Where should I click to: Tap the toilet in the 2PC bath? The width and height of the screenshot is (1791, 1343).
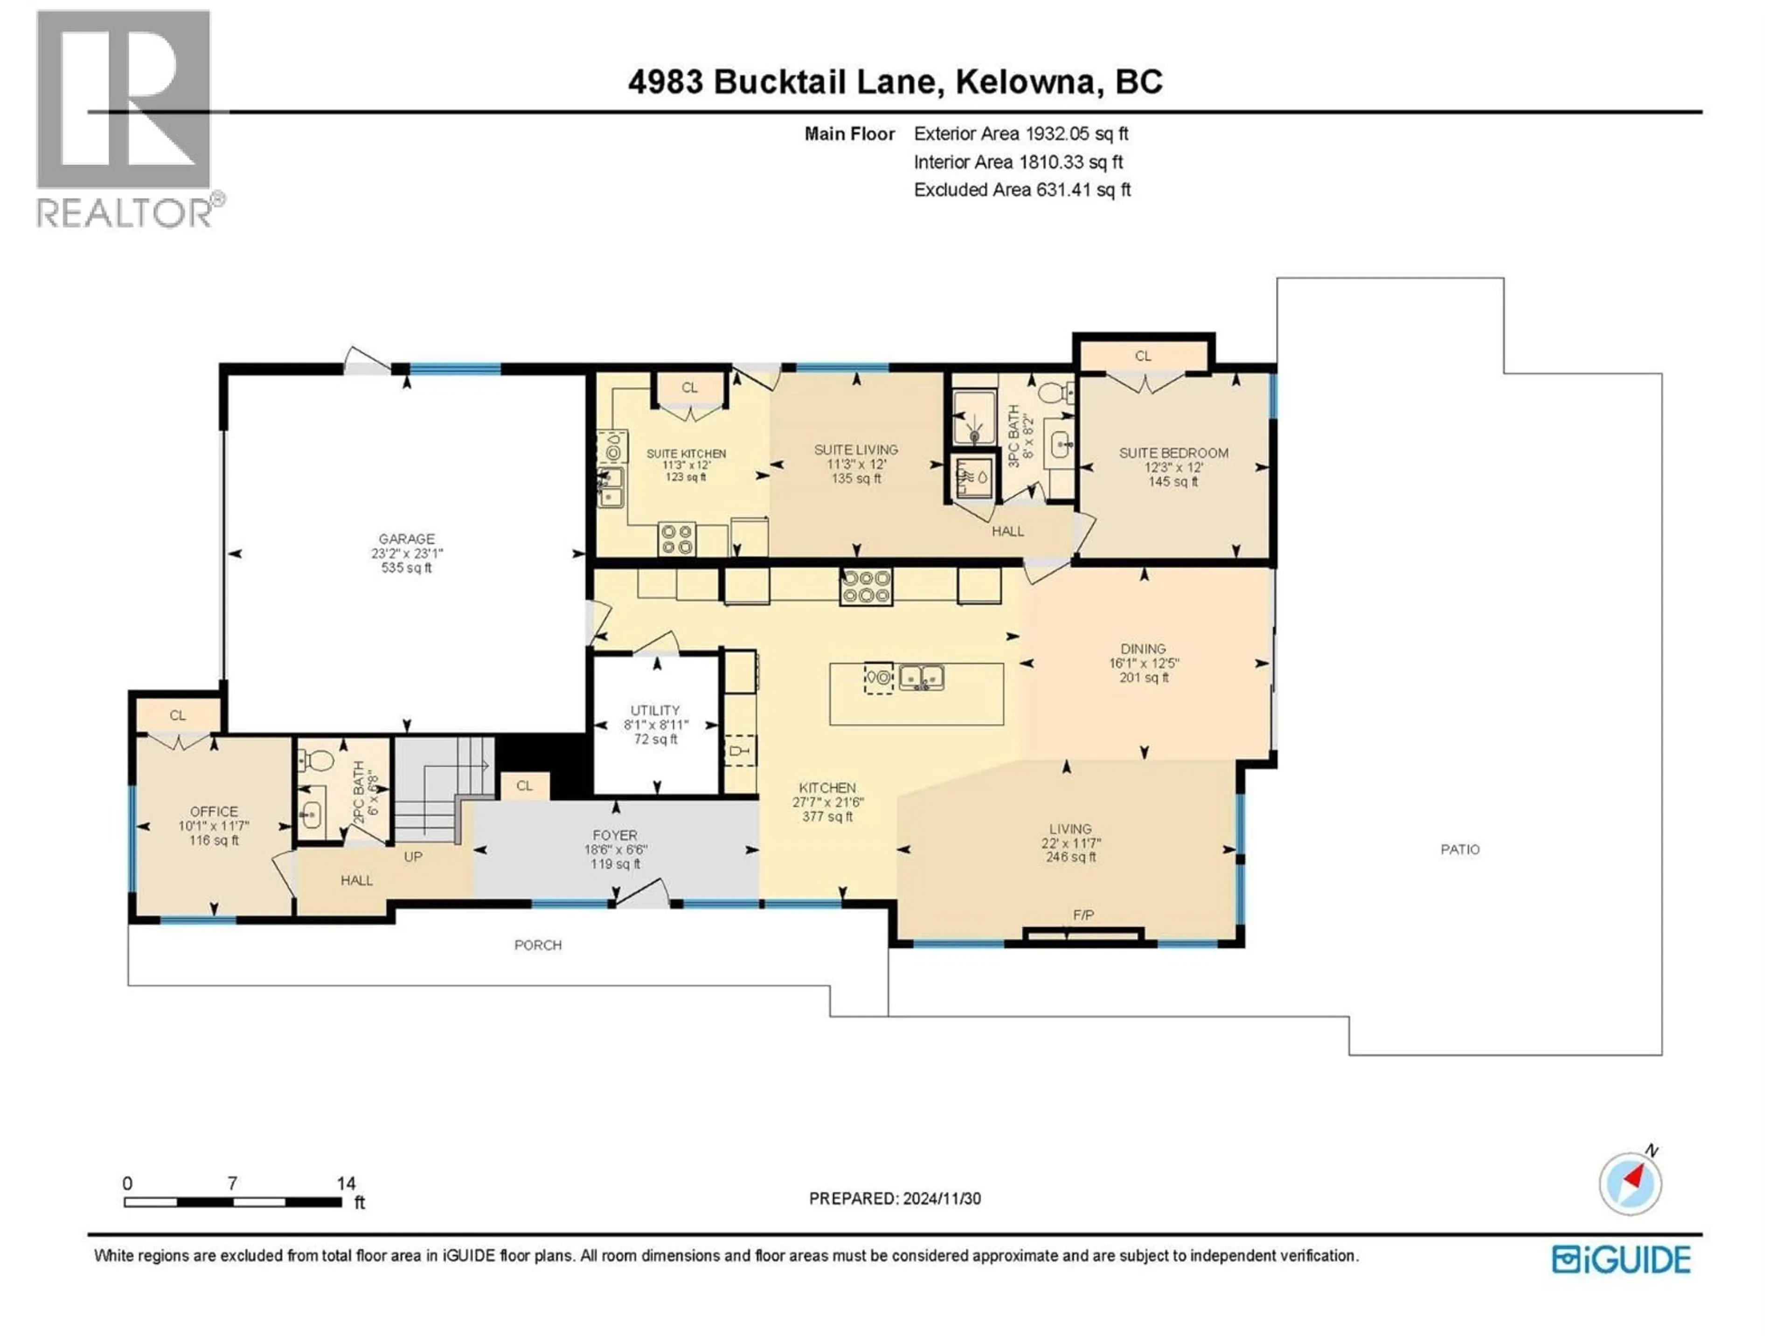tap(318, 761)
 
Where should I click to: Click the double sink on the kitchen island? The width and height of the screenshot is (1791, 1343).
tap(922, 677)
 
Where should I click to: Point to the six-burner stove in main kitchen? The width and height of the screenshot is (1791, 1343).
tap(867, 587)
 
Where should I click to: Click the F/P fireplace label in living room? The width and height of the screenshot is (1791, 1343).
tap(1083, 915)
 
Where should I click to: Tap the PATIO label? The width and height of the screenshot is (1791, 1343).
tap(1460, 849)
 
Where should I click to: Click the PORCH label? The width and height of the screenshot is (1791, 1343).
tap(538, 945)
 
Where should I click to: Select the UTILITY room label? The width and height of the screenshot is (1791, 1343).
tap(655, 710)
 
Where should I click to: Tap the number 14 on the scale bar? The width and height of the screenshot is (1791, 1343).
tap(346, 1184)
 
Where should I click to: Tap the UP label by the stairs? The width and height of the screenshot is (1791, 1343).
tap(413, 857)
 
